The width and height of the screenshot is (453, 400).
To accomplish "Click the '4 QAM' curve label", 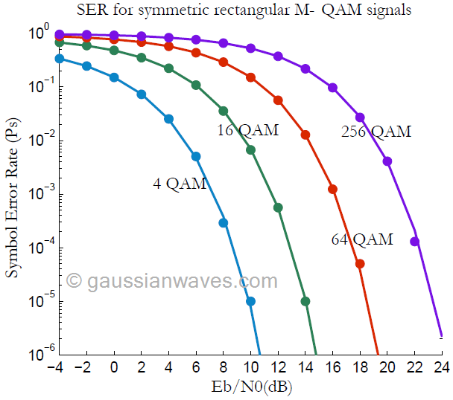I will point(180,184).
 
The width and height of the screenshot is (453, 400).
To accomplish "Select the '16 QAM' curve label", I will point(247,131).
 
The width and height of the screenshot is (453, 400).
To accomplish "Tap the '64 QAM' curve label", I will point(362,239).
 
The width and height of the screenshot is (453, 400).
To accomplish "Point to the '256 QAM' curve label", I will point(376,132).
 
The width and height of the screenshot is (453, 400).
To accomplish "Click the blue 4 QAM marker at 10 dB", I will point(250,301).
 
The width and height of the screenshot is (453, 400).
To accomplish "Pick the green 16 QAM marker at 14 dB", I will point(305,301).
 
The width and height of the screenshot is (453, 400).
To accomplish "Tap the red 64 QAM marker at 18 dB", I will point(360,264).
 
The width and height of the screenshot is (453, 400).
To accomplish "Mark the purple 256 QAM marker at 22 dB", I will point(415,242).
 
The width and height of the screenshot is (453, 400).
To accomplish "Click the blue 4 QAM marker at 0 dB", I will point(114,77).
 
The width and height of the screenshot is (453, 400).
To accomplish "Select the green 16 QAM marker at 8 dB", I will point(224,111).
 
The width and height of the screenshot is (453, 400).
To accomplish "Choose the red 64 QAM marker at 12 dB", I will point(278,100).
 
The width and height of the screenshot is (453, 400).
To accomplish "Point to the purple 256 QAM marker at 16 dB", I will point(333,88).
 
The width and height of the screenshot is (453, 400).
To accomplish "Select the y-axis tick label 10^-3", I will point(39,194).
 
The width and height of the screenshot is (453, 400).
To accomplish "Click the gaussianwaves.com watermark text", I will point(172,280).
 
